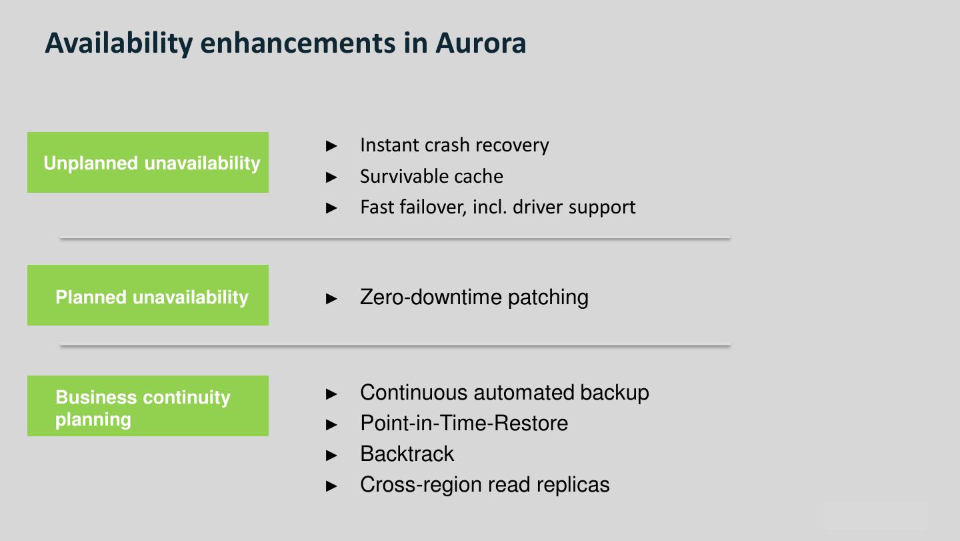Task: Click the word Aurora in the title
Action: click(x=481, y=43)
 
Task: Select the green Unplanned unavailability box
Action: click(x=148, y=163)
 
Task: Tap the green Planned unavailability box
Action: click(x=148, y=296)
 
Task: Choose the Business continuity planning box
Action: click(x=148, y=406)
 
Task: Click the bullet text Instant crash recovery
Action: click(x=454, y=145)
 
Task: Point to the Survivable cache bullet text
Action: click(x=431, y=176)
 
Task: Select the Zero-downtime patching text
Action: click(x=474, y=297)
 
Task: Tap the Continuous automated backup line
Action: click(x=504, y=393)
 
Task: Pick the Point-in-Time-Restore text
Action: click(x=464, y=424)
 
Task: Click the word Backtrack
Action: click(x=407, y=454)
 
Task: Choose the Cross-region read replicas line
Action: click(x=485, y=485)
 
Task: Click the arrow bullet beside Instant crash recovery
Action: click(x=332, y=146)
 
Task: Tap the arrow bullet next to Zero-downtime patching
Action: click(x=332, y=298)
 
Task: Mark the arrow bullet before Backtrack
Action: click(x=332, y=456)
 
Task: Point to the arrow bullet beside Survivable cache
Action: click(x=332, y=177)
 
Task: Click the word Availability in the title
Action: click(x=118, y=43)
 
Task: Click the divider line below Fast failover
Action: click(x=395, y=238)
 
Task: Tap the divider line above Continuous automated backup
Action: click(x=395, y=346)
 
